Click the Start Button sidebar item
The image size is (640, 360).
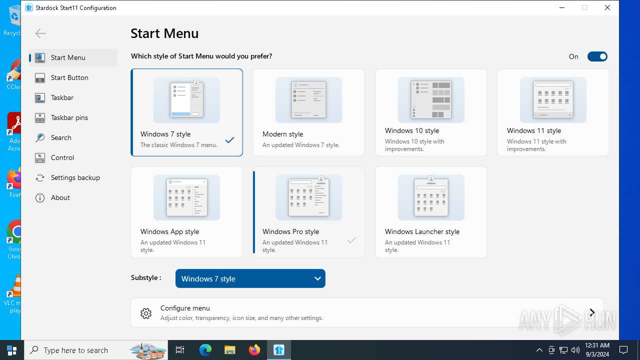[69, 77]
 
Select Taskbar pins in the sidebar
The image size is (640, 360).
[69, 117]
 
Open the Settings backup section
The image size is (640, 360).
[75, 177]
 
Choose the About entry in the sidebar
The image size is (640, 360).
[60, 197]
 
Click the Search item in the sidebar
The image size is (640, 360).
[61, 137]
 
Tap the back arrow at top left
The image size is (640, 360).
[40, 33]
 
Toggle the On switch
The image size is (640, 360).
[597, 56]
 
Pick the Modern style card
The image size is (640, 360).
[308, 112]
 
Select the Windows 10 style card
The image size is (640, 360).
[431, 112]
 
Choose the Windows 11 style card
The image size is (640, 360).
[553, 112]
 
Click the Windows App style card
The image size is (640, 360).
[186, 212]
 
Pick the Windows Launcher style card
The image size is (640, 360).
[431, 212]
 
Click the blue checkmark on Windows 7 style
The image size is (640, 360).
[229, 140]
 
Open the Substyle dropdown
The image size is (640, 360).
[250, 278]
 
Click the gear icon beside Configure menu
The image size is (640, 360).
[146, 313]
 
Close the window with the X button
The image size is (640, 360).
[607, 7]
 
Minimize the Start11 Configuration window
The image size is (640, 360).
[562, 7]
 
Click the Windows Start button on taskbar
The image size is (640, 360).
[11, 350]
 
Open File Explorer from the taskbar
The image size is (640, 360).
[229, 350]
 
